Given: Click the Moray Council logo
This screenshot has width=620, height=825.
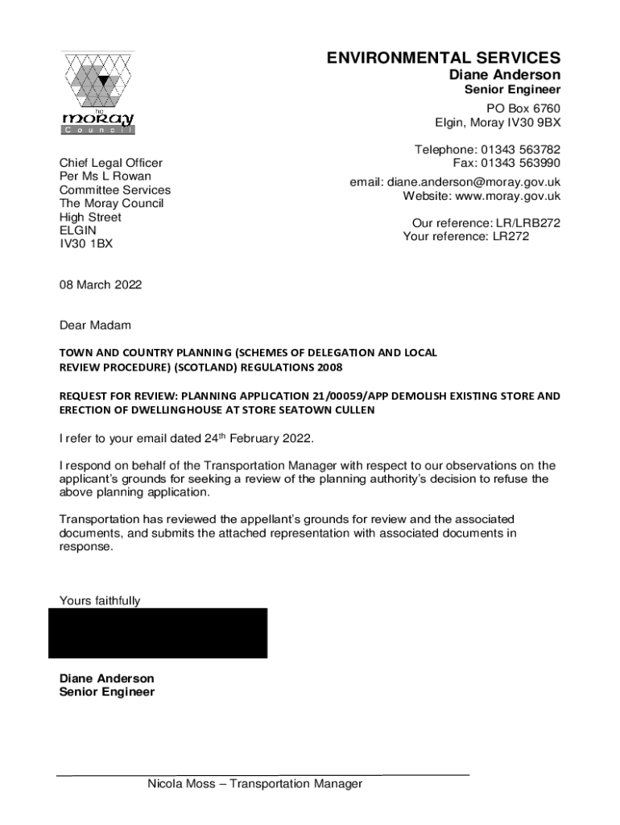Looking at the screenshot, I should coord(98,93).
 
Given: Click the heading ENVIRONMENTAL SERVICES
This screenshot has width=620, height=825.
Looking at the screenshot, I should coord(443,58).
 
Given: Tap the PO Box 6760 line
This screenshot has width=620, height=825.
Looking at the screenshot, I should coord(523,109).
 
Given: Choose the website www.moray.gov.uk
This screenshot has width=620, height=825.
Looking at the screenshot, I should coord(507,196).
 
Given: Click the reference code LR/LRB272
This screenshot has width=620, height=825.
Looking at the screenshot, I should coord(527,223).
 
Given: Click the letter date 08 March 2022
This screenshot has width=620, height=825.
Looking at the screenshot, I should coord(101,284).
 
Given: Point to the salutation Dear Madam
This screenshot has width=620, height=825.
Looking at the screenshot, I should coord(95,325).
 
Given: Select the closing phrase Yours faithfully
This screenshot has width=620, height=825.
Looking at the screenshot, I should coord(100,600).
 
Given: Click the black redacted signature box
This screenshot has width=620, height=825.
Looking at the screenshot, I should coord(158,633).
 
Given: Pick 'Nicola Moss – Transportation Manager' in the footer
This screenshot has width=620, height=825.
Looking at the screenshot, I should coord(254,784).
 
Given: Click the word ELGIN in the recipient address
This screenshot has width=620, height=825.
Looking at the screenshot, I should coord(78,231).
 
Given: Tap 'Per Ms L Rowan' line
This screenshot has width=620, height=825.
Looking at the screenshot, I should coord(105,176).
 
